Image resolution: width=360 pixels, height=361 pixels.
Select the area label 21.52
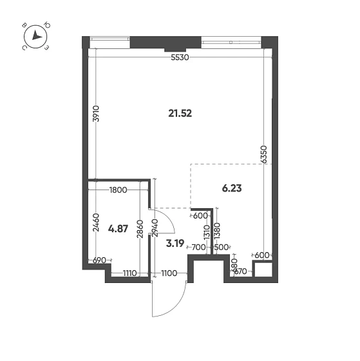click(180, 113)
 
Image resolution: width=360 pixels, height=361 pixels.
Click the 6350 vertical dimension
click(265, 154)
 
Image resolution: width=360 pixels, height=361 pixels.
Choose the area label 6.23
click(232, 188)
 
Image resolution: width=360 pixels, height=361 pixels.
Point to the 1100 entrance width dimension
click(168, 273)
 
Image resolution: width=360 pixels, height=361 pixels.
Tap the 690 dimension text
click(99, 260)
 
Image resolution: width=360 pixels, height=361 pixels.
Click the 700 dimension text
click(198, 247)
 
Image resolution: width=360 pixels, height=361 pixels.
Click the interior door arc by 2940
click(164, 222)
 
